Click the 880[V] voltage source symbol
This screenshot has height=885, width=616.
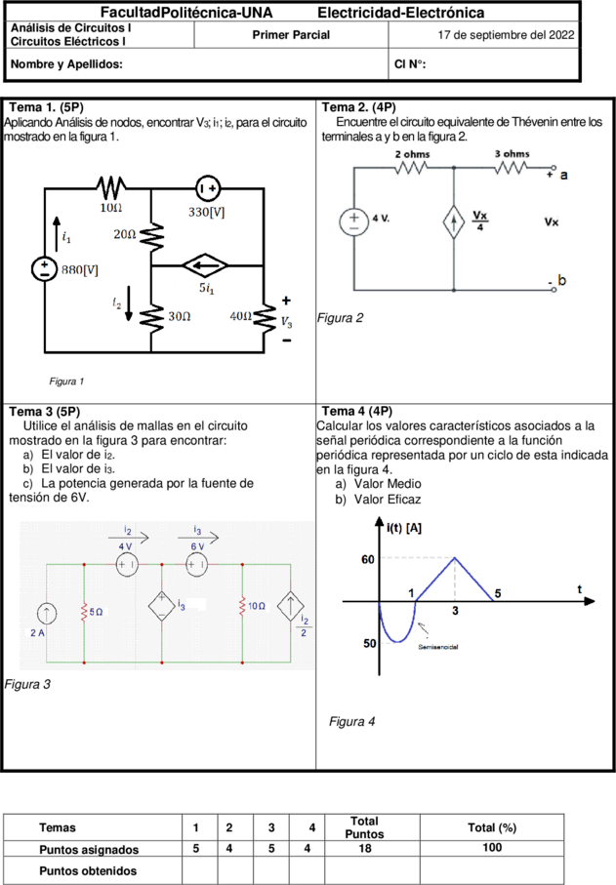pos(44,268)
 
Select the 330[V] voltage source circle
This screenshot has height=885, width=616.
pos(208,188)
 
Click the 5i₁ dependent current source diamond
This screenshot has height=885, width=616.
pos(205,265)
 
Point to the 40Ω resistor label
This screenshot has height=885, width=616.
pos(240,316)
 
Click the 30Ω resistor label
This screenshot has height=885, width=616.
pos(180,316)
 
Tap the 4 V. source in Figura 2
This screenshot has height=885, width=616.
pos(354,221)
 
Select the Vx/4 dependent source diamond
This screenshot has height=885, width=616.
pos(453,221)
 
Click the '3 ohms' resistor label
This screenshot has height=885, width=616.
pos(513,153)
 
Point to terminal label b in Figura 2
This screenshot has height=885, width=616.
pos(561,280)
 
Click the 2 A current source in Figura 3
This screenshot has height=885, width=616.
pos(46,614)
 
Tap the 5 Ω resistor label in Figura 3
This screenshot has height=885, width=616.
pos(97,612)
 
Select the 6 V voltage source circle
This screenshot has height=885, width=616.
pos(196,564)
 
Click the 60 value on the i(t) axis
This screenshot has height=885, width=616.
pos(368,559)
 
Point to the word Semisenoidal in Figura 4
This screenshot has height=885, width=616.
pos(438,647)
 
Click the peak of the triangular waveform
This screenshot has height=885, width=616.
pos(455,558)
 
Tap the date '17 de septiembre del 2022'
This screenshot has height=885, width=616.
pos(506,35)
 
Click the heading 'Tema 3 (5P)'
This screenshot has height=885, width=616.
pos(45,412)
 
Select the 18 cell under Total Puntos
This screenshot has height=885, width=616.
pos(365,848)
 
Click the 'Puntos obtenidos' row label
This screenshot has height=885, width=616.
pos(88,871)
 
